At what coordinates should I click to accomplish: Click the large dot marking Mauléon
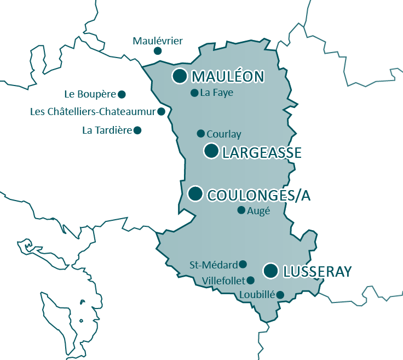tap(180, 76)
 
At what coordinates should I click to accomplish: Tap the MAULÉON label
tap(228, 77)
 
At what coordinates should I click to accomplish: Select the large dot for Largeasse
tap(211, 151)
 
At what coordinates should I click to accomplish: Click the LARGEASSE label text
tap(262, 152)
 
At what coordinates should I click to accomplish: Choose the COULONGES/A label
tap(259, 195)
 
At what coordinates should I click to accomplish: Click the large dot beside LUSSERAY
tap(270, 271)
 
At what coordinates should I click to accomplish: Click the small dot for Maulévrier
tap(158, 51)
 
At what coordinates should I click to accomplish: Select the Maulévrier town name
tap(158, 41)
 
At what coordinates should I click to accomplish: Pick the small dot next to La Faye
tap(194, 93)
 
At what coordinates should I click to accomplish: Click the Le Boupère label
tap(90, 94)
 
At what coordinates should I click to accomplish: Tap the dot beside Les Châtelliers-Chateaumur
tap(161, 111)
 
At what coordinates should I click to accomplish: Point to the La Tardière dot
tap(137, 130)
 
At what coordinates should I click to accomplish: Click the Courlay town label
tap(224, 134)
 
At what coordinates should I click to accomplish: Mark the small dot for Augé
tap(241, 210)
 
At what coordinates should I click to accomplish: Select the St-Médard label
tap(214, 265)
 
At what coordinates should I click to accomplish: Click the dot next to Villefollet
tap(251, 280)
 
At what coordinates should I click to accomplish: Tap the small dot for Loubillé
tap(280, 295)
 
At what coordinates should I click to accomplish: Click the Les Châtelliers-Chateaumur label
tap(93, 112)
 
